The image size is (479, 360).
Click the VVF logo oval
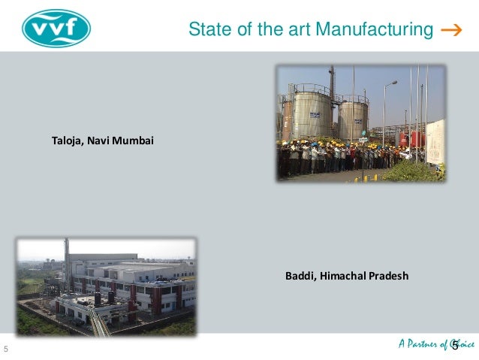[56, 28]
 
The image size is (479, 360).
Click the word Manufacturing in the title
[374, 30]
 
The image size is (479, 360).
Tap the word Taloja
[67, 140]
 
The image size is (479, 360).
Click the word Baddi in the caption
[300, 276]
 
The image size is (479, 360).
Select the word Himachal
[342, 276]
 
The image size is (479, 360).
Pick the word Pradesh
[388, 276]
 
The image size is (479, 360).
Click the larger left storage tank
[312, 113]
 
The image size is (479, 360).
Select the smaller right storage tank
[353, 119]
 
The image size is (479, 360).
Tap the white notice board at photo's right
[435, 141]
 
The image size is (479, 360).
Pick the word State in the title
[205, 30]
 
